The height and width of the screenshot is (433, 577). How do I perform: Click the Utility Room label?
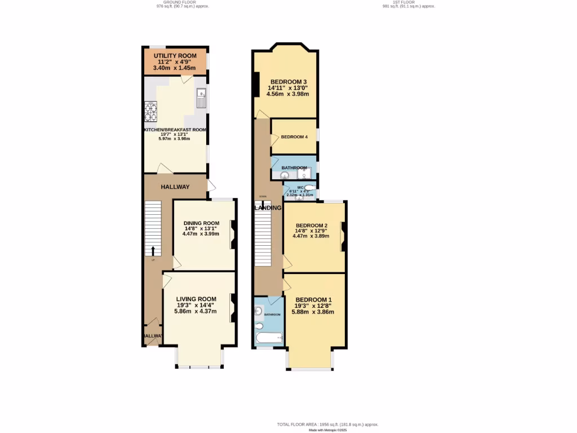[175, 56]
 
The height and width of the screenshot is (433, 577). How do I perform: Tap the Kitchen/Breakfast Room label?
[175, 130]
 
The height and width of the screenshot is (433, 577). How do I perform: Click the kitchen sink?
[202, 98]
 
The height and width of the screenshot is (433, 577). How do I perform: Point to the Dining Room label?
[201, 223]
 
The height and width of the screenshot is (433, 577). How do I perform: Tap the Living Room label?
[196, 299]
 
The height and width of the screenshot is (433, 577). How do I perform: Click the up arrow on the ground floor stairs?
[152, 250]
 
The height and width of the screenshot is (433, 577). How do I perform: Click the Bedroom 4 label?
[294, 137]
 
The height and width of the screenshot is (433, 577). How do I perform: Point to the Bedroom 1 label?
[313, 299]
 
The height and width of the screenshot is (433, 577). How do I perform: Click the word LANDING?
[268, 207]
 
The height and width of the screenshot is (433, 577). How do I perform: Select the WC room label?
[300, 187]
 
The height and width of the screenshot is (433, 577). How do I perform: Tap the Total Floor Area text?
[327, 424]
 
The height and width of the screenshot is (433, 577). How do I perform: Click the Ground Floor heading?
[175, 2]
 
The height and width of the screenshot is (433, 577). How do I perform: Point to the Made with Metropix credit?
[327, 430]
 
